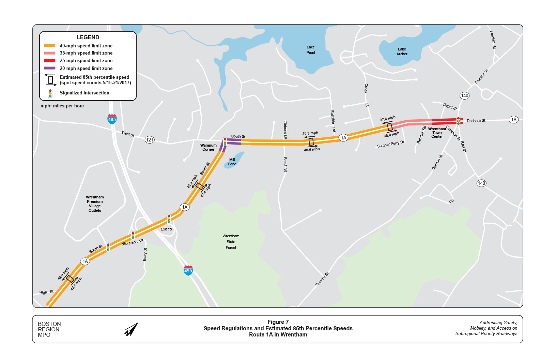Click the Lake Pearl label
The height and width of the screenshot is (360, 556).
(x=310, y=50)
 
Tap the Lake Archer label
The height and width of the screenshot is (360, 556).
(x=402, y=51)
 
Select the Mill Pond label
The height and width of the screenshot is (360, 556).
(x=232, y=162)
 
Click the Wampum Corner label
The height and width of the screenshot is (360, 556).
(x=208, y=147)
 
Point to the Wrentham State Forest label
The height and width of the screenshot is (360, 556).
(x=231, y=242)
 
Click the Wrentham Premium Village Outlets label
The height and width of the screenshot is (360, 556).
(x=95, y=204)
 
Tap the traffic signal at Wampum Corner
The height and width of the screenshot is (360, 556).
(x=225, y=142)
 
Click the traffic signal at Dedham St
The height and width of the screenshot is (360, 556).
(x=458, y=121)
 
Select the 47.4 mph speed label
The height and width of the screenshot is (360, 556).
(x=206, y=191)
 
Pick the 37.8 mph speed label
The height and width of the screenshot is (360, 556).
(x=388, y=119)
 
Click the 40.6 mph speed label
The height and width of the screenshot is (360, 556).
(x=312, y=150)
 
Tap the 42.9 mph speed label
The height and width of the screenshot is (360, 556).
(x=63, y=274)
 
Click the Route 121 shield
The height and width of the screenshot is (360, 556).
(x=150, y=140)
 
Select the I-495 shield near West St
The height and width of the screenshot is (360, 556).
(x=112, y=119)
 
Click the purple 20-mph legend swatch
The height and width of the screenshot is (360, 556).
(x=50, y=68)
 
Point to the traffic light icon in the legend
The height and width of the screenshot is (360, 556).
(x=50, y=93)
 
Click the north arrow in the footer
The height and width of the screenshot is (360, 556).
(x=131, y=329)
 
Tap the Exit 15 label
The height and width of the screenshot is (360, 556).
(x=166, y=229)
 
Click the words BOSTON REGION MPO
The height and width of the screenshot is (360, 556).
(x=49, y=329)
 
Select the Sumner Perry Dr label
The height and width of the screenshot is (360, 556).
(x=390, y=144)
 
